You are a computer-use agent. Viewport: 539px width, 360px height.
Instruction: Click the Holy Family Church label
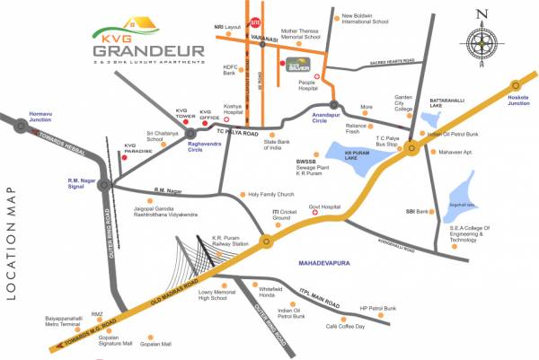(271, 194)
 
